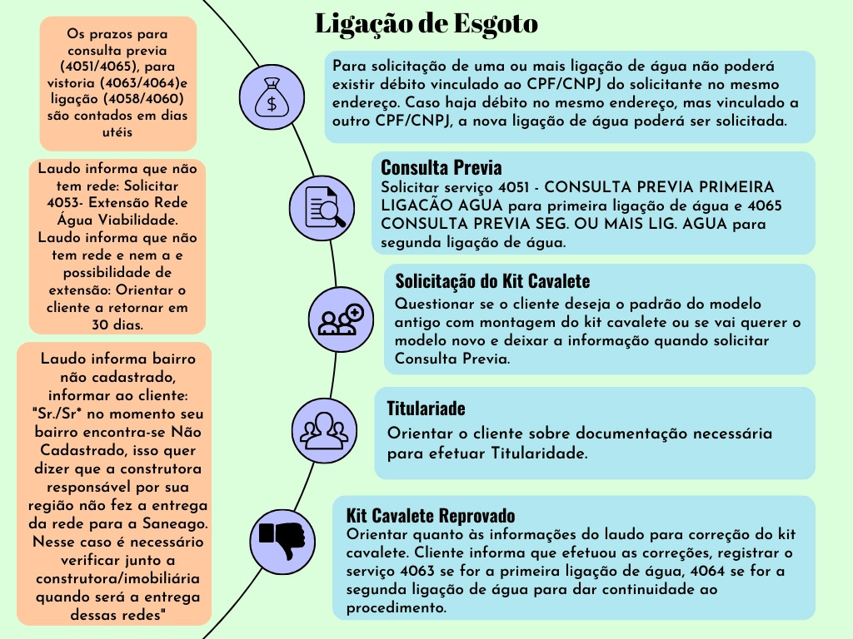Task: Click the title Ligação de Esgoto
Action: coord(426,24)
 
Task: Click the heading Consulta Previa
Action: coord(441,167)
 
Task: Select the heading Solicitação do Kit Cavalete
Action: coord(492,280)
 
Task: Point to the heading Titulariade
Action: coord(426,409)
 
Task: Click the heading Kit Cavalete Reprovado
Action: coord(430,515)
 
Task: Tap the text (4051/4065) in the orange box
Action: coord(117,66)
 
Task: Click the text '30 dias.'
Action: coord(117,325)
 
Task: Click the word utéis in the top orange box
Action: coord(117,131)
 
